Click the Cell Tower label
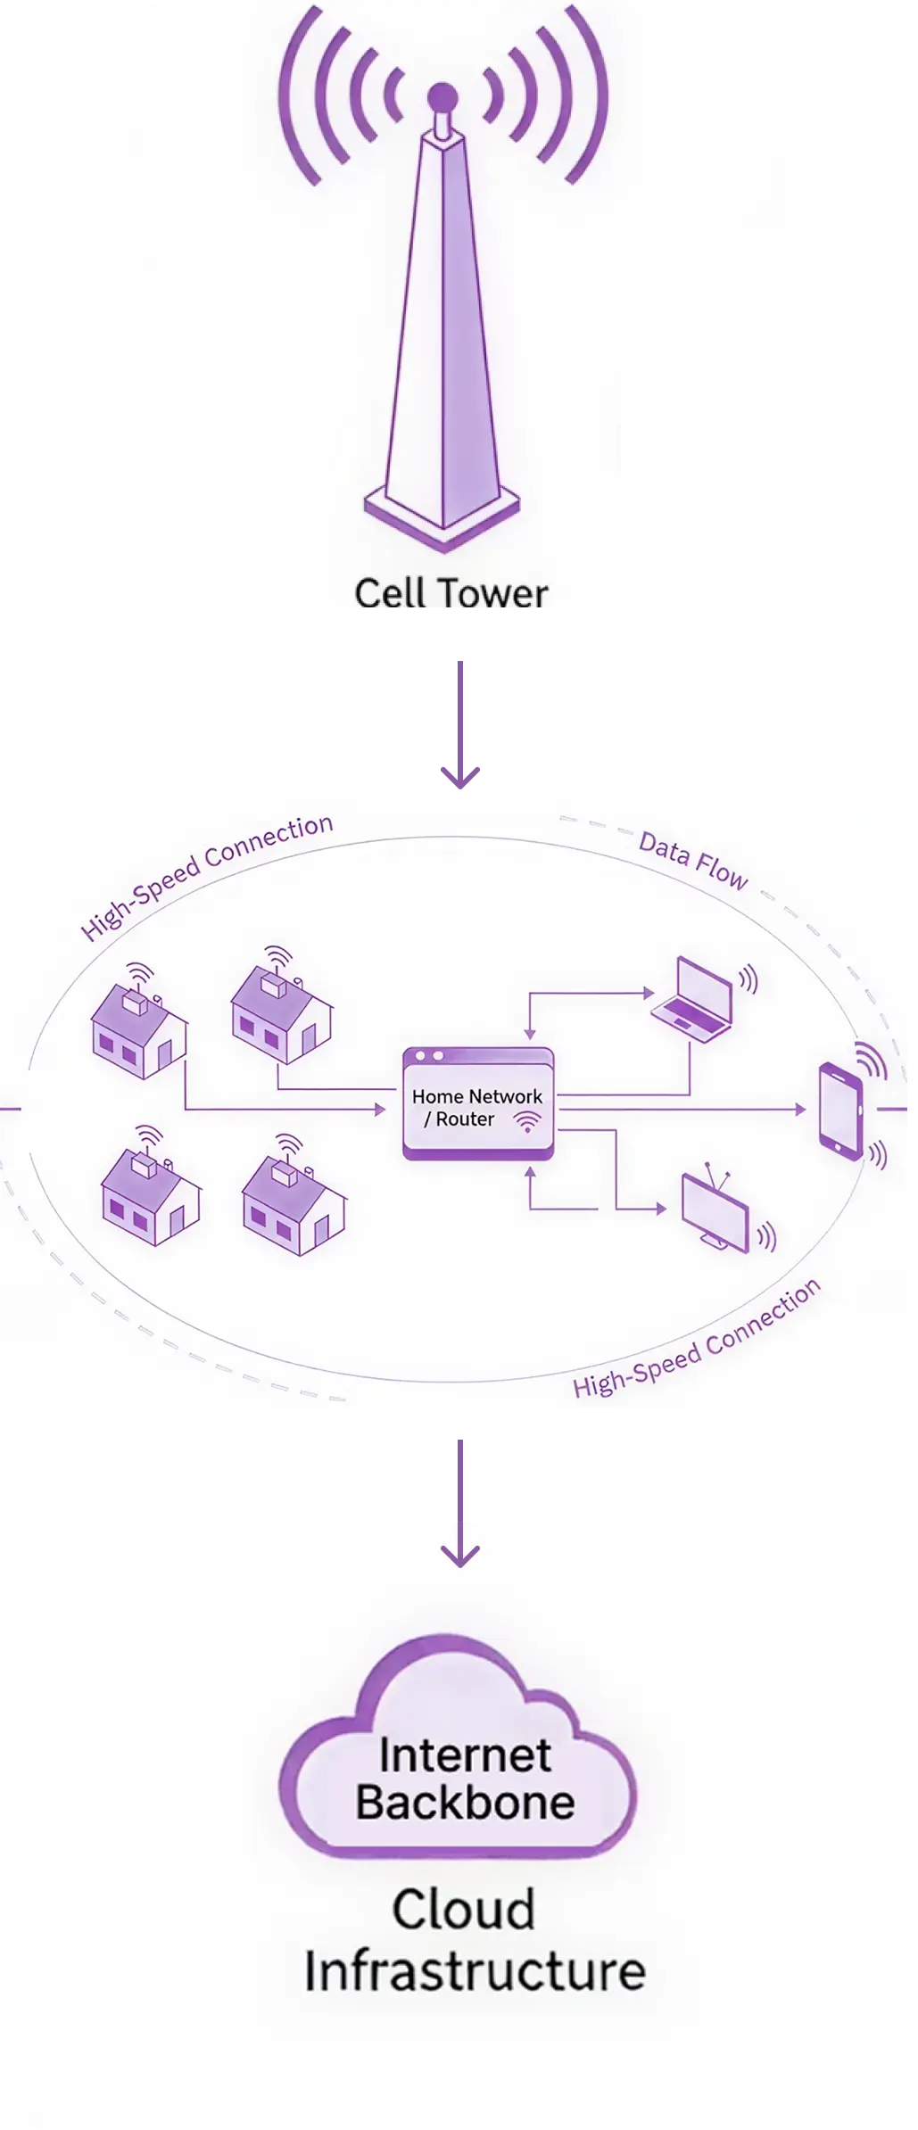point(451,594)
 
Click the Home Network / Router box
point(477,1104)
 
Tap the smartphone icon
point(840,1110)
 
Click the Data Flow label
point(693,863)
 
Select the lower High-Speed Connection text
point(697,1340)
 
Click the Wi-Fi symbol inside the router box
point(529,1122)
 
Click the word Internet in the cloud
point(465,1755)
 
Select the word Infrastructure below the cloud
point(475,1971)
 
